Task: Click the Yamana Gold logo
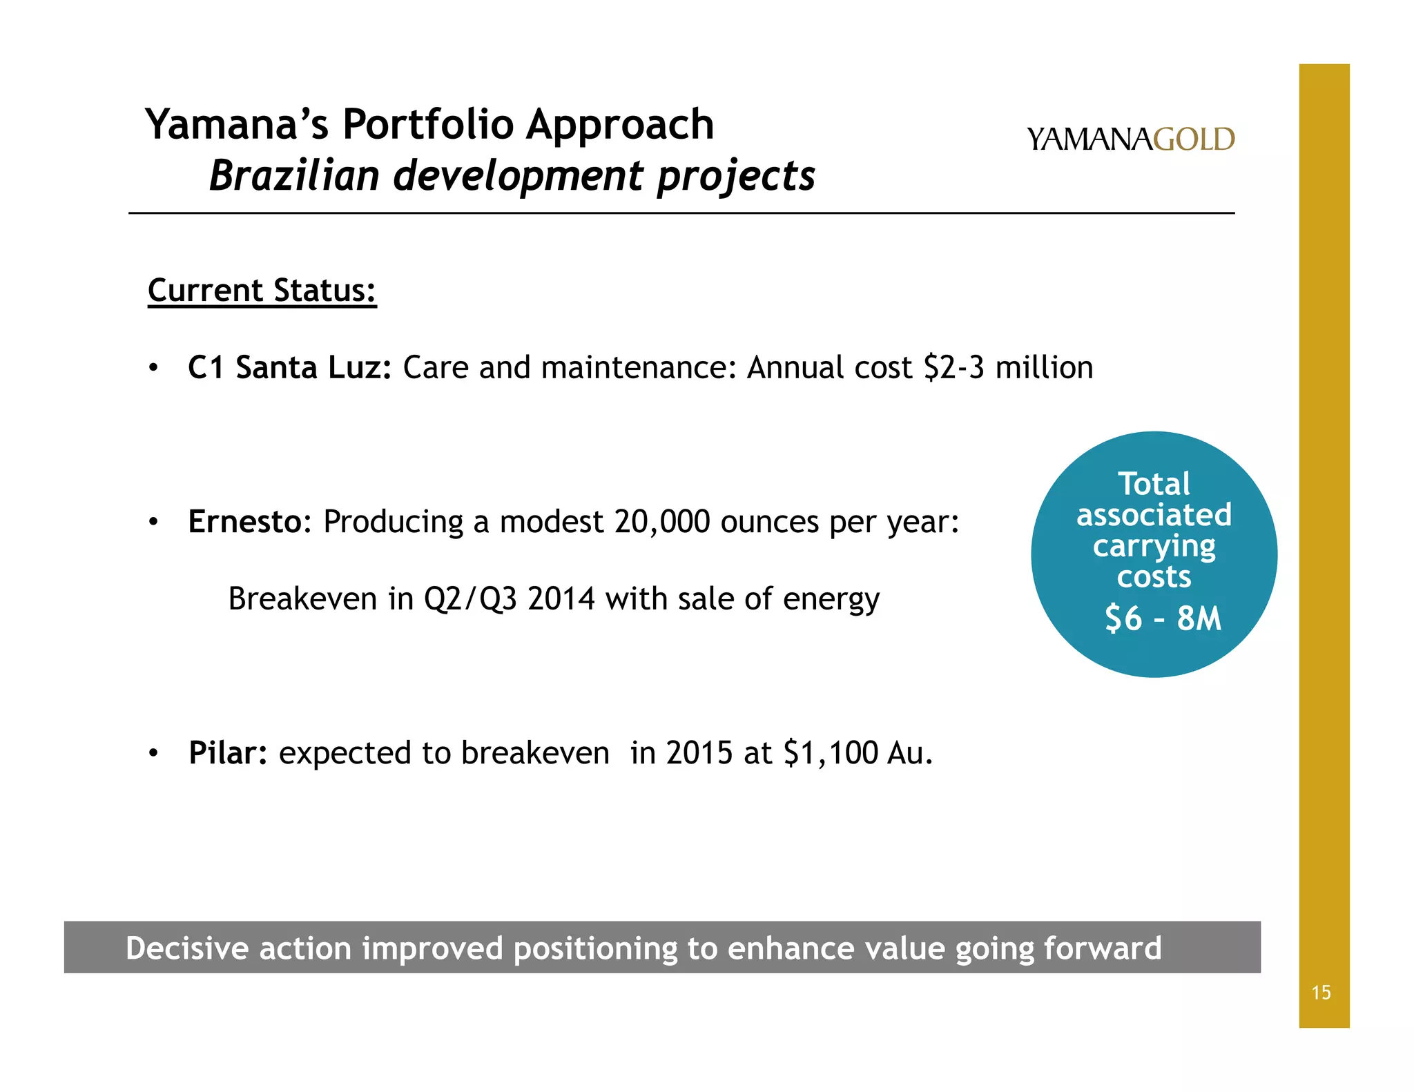pos(1130,139)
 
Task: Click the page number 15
pos(1321,993)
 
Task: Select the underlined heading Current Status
pos(262,291)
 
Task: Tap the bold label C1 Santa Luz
pos(289,367)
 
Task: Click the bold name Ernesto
pos(245,522)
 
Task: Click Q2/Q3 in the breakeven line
pos(469,599)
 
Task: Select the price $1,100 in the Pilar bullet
pos(831,753)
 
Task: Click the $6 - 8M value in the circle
pos(1163,618)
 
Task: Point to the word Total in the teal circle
pos(1154,484)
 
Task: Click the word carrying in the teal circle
pos(1154,547)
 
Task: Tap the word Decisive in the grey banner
pos(186,948)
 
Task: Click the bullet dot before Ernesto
pos(153,522)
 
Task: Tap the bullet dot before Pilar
pos(153,753)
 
